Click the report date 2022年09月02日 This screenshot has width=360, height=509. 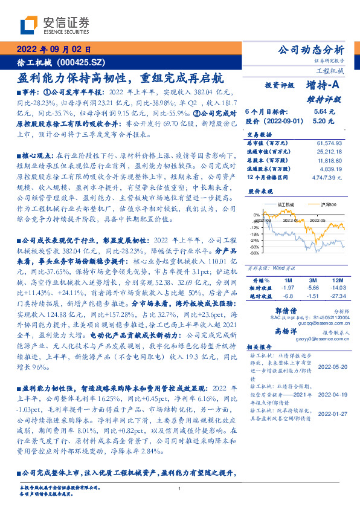(x=53, y=49)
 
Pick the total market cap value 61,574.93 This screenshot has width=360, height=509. (x=329, y=140)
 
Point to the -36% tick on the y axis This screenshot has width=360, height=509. (x=256, y=253)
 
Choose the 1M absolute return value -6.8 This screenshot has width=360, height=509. (x=288, y=296)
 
